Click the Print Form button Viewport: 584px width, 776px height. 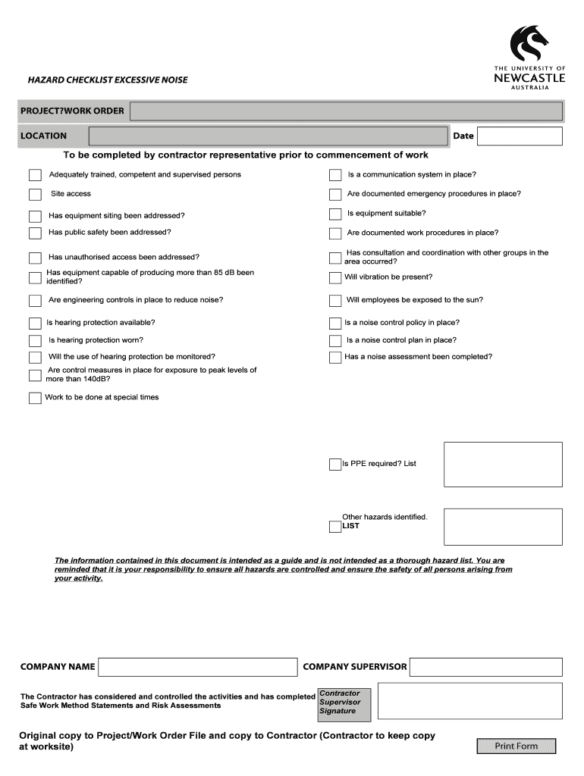coord(516,746)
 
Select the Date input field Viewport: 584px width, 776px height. coord(520,136)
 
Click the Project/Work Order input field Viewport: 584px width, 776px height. coord(347,111)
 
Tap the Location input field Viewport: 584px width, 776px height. coord(268,136)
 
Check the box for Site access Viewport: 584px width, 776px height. coord(35,195)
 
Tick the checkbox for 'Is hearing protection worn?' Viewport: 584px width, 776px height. coord(35,341)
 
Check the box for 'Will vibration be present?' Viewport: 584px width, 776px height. coord(335,278)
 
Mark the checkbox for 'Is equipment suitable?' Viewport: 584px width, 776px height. coord(335,214)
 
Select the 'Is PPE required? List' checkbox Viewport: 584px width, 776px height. coord(335,465)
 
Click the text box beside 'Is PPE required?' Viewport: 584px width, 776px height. coord(503,465)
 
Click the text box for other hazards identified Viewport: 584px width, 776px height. coord(503,527)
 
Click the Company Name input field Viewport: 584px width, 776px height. coord(198,667)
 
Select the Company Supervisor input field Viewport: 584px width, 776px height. coord(487,667)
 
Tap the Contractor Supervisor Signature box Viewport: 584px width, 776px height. coord(469,701)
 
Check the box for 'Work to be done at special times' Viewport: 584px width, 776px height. coord(35,398)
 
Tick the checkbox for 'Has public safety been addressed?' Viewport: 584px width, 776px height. coord(35,233)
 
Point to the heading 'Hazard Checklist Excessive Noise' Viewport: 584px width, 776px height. coord(108,80)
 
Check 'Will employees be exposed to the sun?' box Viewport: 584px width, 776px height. coord(335,301)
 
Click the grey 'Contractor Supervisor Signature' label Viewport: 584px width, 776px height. coord(344,702)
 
